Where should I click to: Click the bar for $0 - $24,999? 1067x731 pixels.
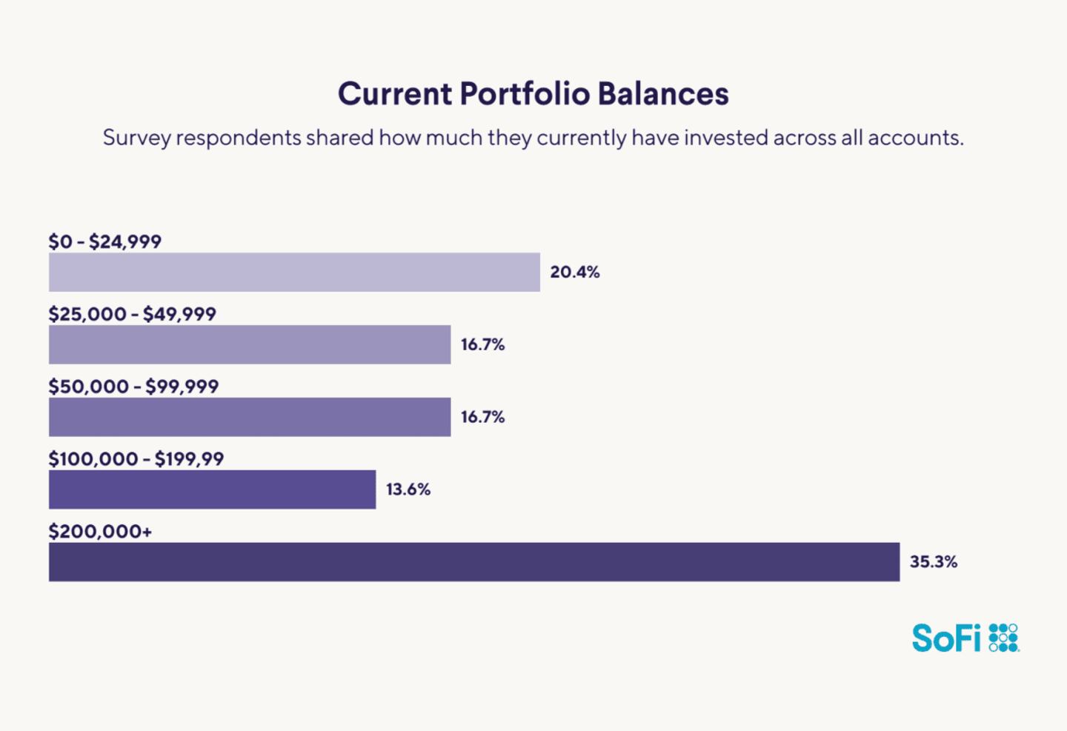294,272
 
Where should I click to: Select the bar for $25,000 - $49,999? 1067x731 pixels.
250,344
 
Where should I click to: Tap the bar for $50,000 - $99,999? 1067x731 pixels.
250,417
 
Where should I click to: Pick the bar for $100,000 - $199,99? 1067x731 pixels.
212,490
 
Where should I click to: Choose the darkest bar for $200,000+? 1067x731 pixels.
474,562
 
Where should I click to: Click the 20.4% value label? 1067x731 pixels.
575,273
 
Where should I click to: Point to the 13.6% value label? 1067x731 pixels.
408,490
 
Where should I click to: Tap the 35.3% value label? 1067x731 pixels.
934,562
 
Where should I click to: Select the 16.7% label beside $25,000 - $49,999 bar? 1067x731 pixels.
482,344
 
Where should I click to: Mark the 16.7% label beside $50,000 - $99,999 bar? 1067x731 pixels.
482,417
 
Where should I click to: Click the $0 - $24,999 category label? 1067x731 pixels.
105,241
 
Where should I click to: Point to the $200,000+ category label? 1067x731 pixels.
100,532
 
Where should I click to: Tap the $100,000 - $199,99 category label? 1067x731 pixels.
136,459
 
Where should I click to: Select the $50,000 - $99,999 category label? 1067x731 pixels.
133,387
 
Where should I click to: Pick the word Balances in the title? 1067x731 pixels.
663,94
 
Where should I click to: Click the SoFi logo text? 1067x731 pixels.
946,638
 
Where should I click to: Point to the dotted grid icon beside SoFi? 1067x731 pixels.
1004,638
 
